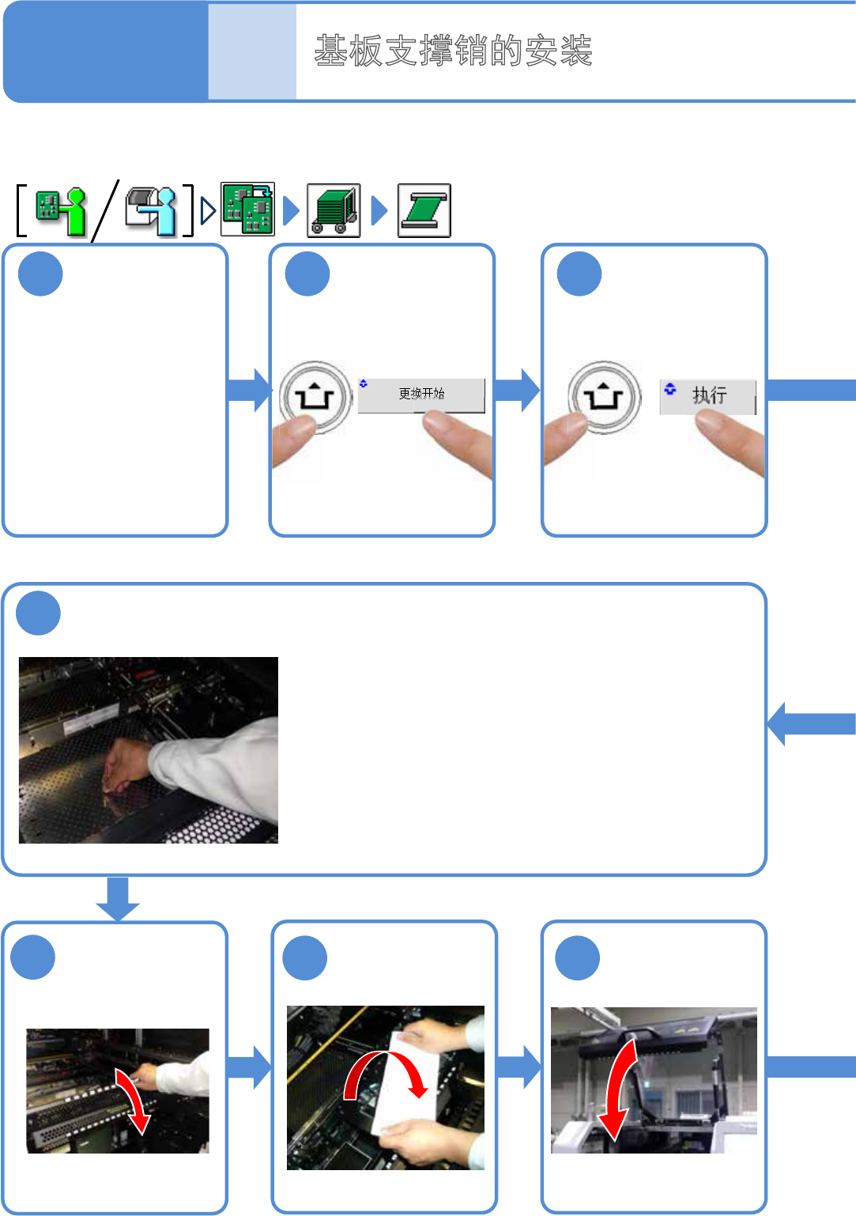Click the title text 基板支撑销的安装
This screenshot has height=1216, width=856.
click(x=453, y=51)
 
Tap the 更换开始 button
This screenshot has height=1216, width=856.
click(x=421, y=395)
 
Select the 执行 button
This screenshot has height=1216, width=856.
click(x=708, y=396)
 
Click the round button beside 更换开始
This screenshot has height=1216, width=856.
click(x=315, y=396)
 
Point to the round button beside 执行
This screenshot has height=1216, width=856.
click(x=604, y=396)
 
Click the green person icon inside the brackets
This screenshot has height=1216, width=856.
click(x=61, y=210)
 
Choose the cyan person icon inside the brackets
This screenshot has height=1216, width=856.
click(x=152, y=210)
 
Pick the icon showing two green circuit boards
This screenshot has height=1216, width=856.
click(x=248, y=210)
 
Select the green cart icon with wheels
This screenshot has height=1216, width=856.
click(x=334, y=210)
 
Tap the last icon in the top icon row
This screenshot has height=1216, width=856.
click(x=424, y=210)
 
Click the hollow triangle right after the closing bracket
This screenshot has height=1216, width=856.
click(x=208, y=210)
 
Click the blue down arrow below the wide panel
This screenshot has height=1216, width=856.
click(x=118, y=898)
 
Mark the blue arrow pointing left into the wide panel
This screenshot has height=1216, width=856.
click(x=809, y=723)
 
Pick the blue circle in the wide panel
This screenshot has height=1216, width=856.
click(x=38, y=614)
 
